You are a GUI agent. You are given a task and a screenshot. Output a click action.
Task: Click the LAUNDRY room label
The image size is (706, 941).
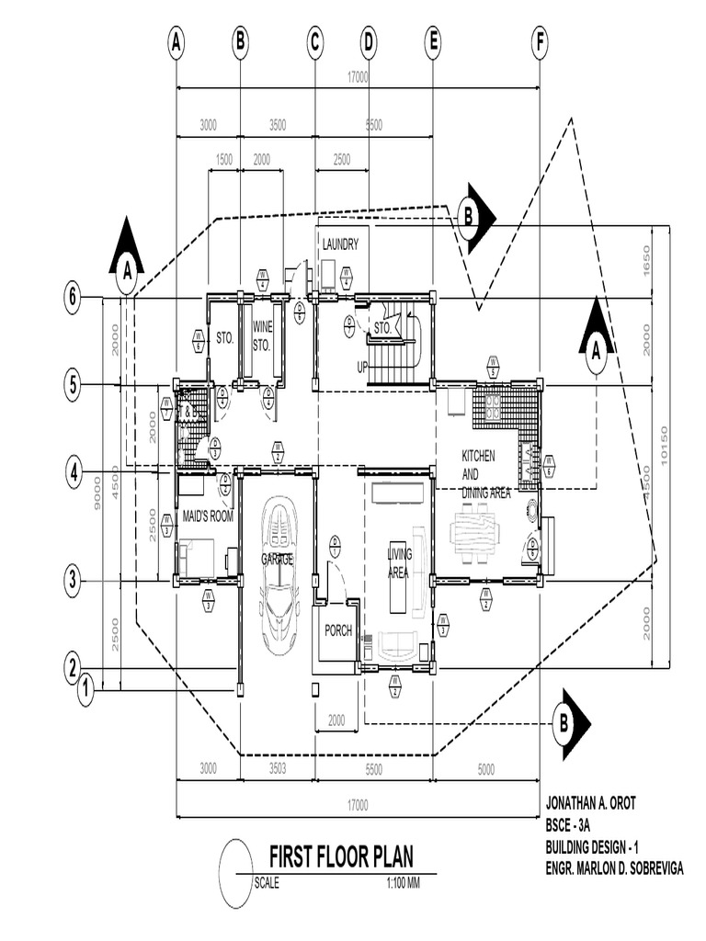tap(339, 244)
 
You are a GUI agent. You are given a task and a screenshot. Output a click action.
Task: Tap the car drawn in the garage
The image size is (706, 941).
tap(279, 574)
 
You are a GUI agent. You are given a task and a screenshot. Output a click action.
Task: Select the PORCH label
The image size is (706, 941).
tap(337, 631)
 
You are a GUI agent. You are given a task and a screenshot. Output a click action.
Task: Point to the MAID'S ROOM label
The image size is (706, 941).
tap(207, 516)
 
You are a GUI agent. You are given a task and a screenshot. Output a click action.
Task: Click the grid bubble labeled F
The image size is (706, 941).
tap(540, 41)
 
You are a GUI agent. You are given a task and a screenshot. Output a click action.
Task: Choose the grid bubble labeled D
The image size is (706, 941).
tap(369, 41)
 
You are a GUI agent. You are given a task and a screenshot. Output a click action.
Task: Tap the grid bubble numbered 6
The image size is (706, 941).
tap(73, 297)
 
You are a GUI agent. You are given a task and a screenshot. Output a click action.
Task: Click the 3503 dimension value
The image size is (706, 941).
tap(278, 768)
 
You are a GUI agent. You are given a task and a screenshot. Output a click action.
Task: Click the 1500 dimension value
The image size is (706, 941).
tap(223, 159)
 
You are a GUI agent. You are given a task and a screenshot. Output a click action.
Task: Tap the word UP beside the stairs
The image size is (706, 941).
tap(363, 368)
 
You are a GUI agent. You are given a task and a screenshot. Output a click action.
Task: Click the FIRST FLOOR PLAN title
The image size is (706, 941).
tap(340, 858)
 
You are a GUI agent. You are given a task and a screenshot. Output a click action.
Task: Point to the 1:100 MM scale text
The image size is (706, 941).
tap(403, 884)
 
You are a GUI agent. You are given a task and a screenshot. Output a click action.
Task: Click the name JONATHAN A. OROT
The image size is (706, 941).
tap(590, 803)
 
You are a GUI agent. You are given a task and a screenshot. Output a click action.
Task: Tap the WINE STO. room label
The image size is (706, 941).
tap(263, 333)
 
